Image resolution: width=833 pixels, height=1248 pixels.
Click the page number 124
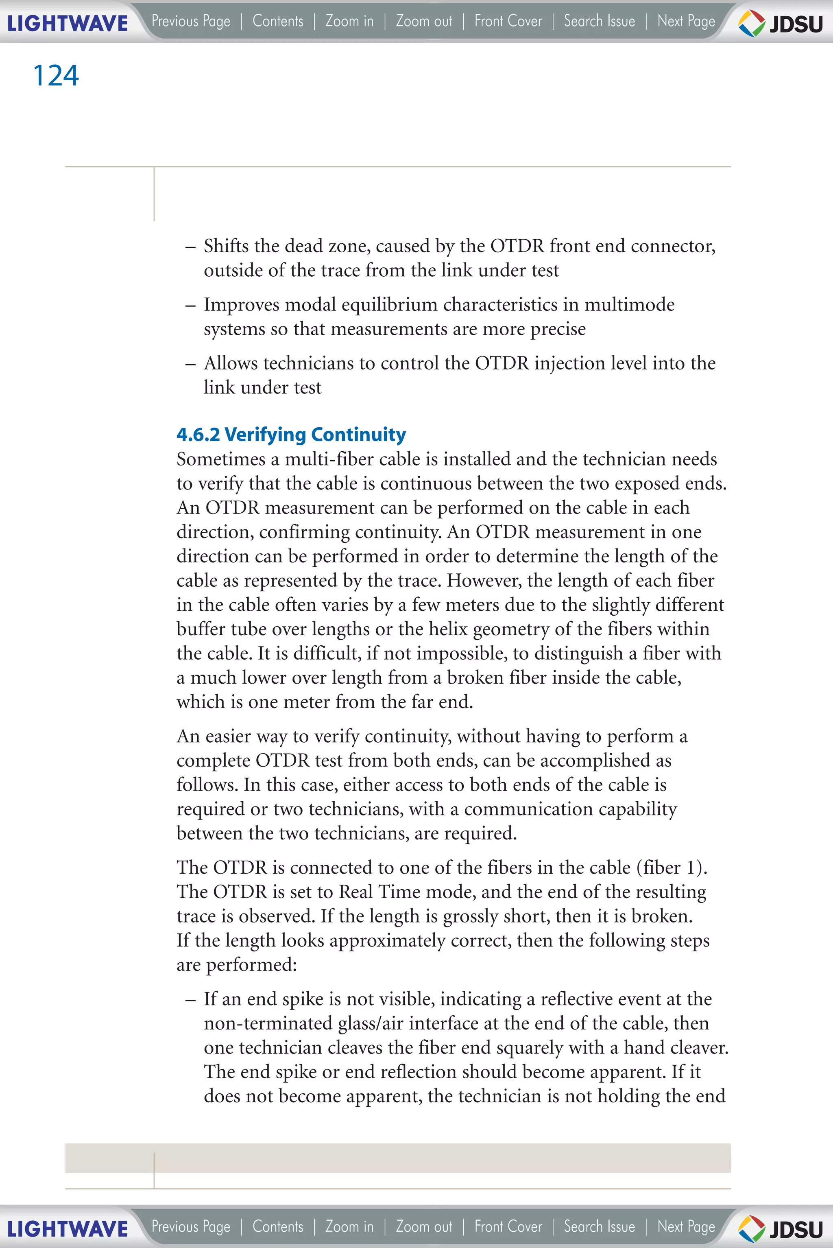coord(56,75)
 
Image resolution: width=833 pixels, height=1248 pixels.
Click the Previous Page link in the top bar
coord(191,21)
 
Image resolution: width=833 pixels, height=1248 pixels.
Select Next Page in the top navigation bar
coord(686,21)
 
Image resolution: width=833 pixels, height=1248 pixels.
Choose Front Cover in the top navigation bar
coord(508,21)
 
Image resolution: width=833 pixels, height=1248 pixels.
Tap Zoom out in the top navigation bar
coord(424,21)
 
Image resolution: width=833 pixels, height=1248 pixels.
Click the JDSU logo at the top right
coord(781,23)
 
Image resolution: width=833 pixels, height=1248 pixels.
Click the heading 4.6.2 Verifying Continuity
coord(291,434)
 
